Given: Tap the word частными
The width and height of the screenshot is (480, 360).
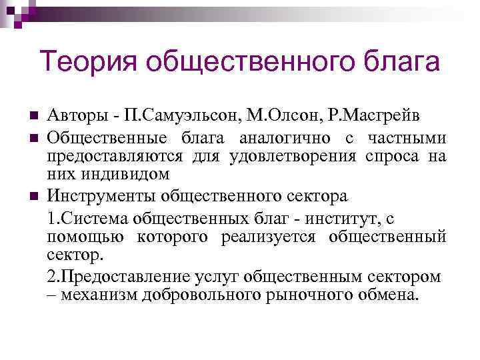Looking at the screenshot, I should click(407, 138).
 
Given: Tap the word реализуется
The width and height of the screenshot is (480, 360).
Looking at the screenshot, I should click(291, 237).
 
